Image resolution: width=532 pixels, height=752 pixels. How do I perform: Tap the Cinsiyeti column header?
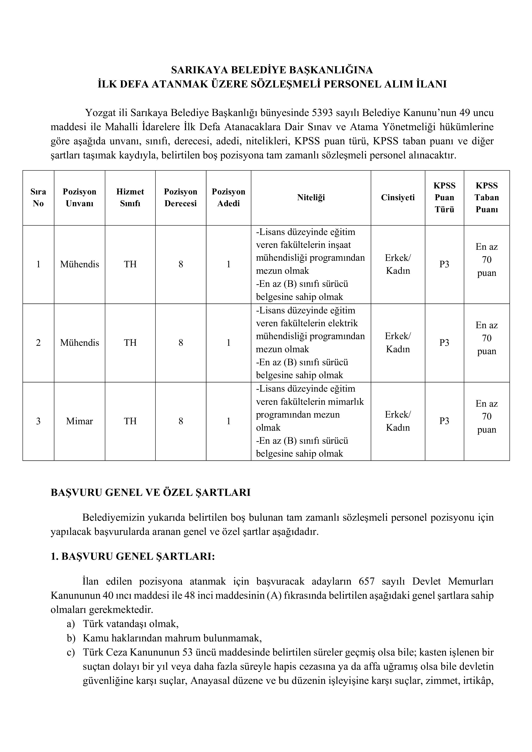398,197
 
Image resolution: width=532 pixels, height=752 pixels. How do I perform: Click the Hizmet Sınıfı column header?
130,197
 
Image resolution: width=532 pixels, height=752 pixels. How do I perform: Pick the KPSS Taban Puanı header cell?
487,197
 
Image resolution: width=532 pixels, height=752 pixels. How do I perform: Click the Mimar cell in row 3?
79,421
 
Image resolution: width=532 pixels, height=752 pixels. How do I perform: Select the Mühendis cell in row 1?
79,264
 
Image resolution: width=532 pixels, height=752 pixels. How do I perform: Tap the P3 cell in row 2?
444,343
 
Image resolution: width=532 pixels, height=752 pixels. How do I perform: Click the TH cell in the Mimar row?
130,421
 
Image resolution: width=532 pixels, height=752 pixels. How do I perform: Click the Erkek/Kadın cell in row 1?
398,264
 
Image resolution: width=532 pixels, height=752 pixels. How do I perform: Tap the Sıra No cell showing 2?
38,343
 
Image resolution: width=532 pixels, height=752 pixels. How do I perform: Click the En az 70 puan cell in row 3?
487,417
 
